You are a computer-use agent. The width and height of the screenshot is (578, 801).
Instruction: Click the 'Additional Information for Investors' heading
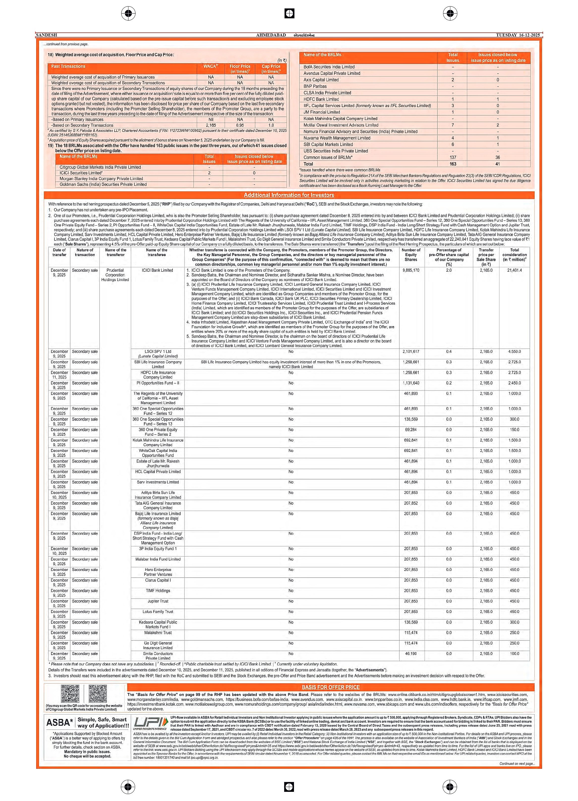(x=289, y=195)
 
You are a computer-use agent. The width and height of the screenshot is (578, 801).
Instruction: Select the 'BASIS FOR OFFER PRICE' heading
(x=330, y=687)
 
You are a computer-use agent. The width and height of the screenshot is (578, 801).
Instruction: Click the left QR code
(x=70, y=694)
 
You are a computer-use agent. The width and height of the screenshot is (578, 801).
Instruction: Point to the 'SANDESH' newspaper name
(x=46, y=35)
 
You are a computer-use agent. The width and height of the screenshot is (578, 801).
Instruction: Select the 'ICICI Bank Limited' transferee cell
(x=157, y=270)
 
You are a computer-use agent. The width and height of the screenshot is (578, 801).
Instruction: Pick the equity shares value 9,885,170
(x=411, y=270)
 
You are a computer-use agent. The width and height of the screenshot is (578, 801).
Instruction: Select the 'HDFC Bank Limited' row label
(x=321, y=99)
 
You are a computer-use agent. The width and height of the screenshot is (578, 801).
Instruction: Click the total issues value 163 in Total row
(x=453, y=164)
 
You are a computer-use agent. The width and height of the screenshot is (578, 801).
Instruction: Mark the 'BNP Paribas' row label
(x=315, y=86)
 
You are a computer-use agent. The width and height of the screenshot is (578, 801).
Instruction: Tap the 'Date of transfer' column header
(x=59, y=252)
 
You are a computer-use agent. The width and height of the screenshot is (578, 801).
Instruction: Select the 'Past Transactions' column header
(x=68, y=66)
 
